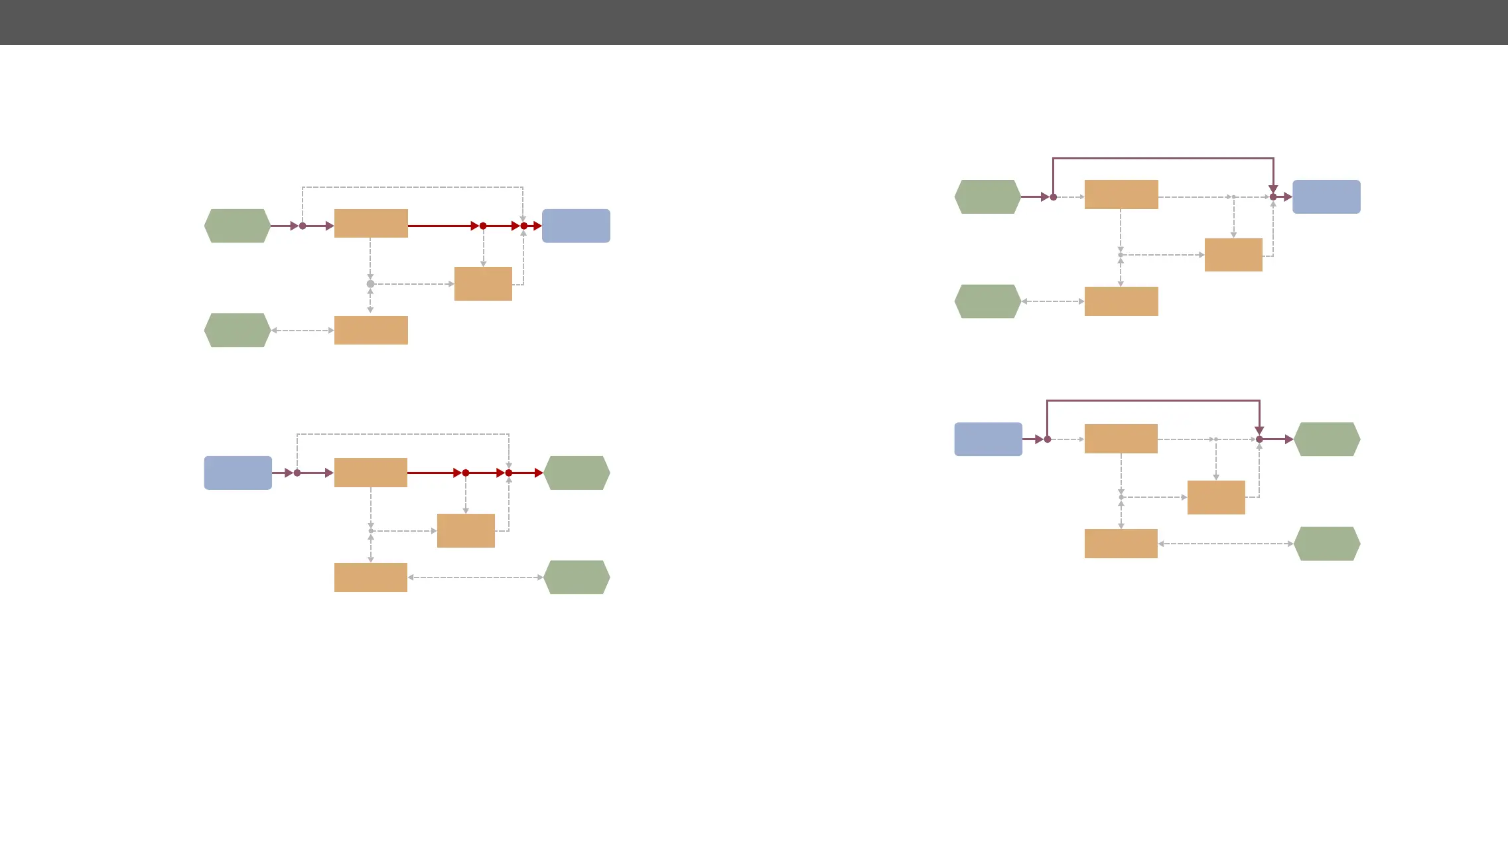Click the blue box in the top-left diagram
click(576, 226)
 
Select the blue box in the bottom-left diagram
click(238, 473)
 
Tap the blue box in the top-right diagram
click(1326, 196)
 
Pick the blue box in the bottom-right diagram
click(988, 439)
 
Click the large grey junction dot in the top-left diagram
click(370, 284)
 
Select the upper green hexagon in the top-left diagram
click(237, 226)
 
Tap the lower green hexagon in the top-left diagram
click(237, 330)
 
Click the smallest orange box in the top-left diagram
click(483, 283)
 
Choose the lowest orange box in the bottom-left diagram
click(370, 577)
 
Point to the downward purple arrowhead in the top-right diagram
click(1273, 189)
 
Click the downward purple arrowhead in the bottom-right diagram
click(1259, 431)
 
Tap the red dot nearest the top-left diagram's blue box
click(524, 226)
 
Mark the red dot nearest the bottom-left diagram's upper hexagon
click(509, 473)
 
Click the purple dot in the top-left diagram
click(303, 226)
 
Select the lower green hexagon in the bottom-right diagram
click(1327, 544)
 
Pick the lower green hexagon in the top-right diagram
click(987, 301)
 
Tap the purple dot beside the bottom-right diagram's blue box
click(1047, 439)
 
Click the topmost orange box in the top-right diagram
click(1121, 194)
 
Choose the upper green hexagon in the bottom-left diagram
click(577, 473)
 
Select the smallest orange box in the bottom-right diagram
click(1216, 497)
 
